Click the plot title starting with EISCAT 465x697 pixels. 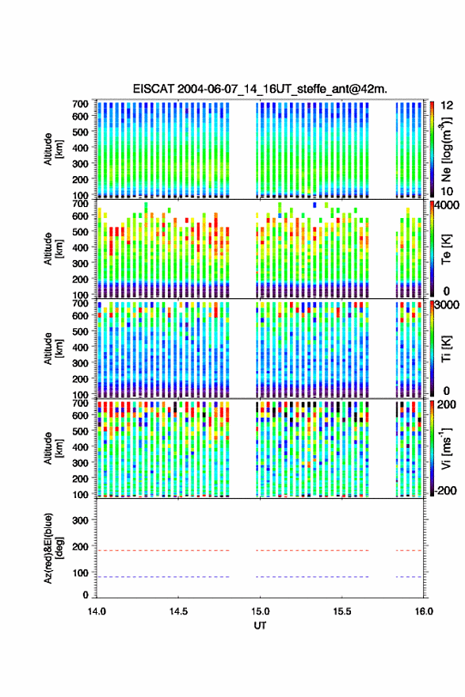click(260, 89)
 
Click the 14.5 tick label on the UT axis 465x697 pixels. click(178, 611)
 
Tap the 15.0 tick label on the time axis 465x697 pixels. click(260, 611)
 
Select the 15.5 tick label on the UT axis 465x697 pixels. click(341, 611)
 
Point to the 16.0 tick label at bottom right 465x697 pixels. click(424, 611)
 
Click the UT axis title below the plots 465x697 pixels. click(260, 626)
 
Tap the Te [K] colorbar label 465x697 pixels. click(446, 249)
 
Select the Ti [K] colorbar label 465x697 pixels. click(446, 349)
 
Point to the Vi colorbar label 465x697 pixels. click(446, 449)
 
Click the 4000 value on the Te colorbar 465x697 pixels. click(448, 206)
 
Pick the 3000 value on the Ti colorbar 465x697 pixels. click(448, 305)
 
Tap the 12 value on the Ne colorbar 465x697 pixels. click(447, 105)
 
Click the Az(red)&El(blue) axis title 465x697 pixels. click(53, 549)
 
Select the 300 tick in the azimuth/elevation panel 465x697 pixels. click(80, 520)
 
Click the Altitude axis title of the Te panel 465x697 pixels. click(53, 249)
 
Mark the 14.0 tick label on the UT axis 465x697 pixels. click(97, 611)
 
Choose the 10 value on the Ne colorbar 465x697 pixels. click(447, 192)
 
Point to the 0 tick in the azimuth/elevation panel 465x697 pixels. click(86, 595)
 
